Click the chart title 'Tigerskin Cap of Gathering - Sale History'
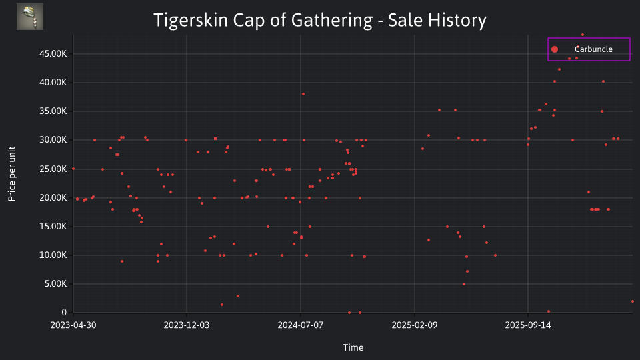point(319,20)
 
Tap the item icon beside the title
point(30,17)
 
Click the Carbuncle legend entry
point(589,49)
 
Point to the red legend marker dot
point(554,49)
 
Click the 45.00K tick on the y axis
point(53,54)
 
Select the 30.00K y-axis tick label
point(53,140)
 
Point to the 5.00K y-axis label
point(55,284)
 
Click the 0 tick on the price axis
point(64,313)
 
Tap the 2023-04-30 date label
point(73,325)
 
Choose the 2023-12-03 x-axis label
point(187,325)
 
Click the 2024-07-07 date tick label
point(301,325)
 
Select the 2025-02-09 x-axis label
point(415,325)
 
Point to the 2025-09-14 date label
point(528,325)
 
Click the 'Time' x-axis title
point(353,347)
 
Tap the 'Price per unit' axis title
point(12,174)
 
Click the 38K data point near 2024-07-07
point(303,94)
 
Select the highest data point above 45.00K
point(583,35)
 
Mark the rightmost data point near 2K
point(632,301)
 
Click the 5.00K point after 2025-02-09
point(464,284)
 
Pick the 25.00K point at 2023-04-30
point(73,169)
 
